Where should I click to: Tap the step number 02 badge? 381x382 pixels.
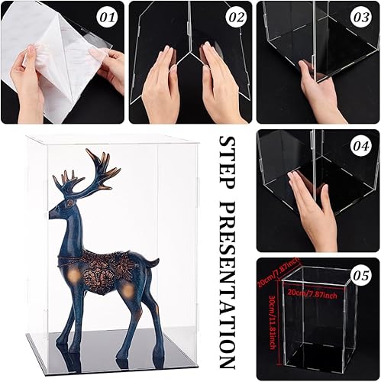click(x=237, y=15)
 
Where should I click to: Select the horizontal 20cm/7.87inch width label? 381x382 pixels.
click(x=313, y=291)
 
